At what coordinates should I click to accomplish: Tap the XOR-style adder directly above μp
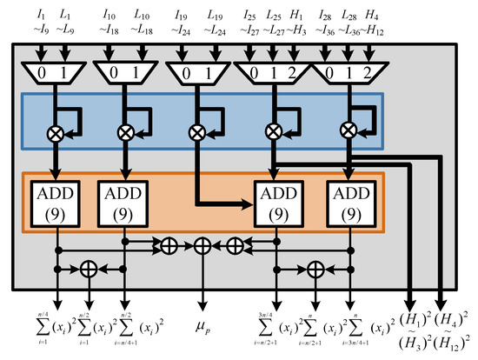(x=203, y=247)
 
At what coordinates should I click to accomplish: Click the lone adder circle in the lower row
(x=89, y=269)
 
